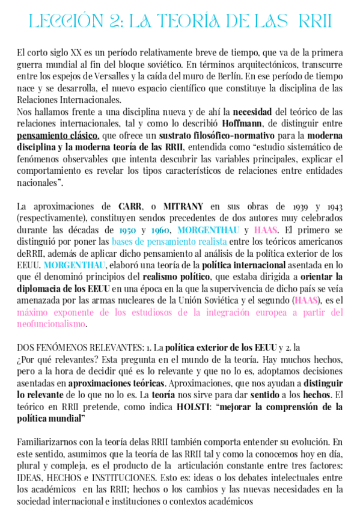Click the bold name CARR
130,206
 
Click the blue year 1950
127,230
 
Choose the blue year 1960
160,230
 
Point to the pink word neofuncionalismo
51,324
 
